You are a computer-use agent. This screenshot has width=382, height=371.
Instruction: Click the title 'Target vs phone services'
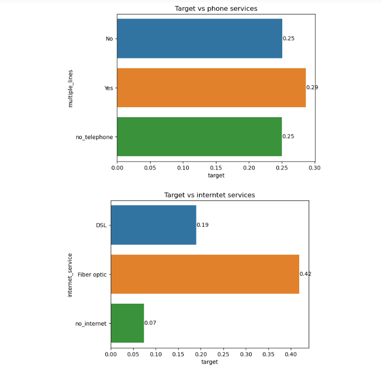tap(216, 8)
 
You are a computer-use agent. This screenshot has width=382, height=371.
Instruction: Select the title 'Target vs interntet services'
tap(209, 195)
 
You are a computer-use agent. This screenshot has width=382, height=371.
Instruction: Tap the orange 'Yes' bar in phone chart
tap(211, 88)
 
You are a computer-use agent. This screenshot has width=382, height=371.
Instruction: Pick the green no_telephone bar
tap(199, 137)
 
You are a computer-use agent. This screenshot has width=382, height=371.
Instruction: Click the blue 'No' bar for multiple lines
tap(199, 38)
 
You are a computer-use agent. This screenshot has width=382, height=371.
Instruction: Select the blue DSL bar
tap(153, 225)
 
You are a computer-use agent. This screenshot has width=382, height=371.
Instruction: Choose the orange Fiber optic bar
tap(204, 274)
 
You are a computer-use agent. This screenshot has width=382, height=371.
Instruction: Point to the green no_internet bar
tap(127, 323)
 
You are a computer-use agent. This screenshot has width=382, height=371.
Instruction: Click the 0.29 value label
tap(312, 88)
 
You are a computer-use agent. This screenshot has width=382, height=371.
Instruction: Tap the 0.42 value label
tap(305, 274)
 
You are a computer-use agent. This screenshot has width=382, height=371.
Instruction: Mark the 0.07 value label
tap(150, 323)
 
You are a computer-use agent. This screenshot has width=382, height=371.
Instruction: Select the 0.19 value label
tap(202, 225)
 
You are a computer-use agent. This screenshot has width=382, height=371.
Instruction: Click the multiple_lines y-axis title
tap(70, 88)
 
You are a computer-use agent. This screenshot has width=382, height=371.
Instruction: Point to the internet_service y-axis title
tap(70, 275)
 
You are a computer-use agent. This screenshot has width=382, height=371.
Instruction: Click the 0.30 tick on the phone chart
tap(315, 169)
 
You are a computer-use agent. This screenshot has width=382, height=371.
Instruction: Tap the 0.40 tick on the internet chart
tap(291, 355)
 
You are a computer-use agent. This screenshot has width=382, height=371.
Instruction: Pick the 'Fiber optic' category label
tap(92, 274)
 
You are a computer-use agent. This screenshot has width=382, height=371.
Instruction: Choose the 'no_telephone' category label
tap(94, 137)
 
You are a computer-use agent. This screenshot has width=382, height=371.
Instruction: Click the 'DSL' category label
tap(101, 225)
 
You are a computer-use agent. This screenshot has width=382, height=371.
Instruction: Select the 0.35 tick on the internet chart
tap(268, 355)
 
